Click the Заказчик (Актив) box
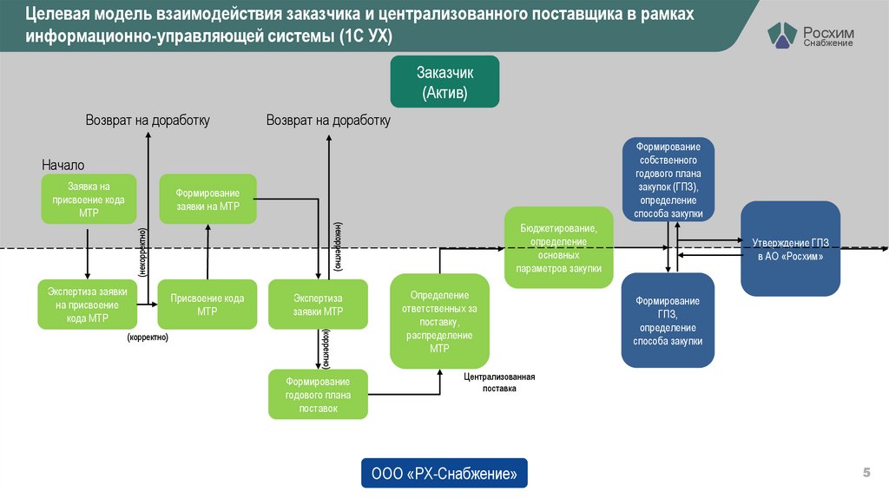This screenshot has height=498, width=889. [444, 81]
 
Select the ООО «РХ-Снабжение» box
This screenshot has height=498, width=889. [444, 474]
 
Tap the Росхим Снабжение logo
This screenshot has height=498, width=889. [811, 36]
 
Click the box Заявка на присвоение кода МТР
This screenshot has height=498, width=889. [89, 199]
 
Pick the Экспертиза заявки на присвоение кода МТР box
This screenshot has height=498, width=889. [87, 304]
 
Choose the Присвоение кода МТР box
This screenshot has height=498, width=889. [207, 304]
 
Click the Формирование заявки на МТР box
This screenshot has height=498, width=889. [207, 199]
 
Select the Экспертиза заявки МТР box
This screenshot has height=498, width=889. [318, 304]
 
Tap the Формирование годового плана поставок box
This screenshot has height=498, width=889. [318, 394]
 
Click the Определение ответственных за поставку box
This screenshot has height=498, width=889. [438, 321]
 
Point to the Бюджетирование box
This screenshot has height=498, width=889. [559, 246]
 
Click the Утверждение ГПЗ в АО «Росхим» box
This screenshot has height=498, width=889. [790, 248]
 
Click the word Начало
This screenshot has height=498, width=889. [63, 165]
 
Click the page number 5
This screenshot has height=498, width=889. [866, 472]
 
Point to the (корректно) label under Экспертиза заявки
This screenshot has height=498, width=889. [148, 337]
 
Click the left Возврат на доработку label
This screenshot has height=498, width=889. [148, 121]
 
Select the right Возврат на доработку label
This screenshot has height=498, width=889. [328, 121]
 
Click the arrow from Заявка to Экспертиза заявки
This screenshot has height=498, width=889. [88, 252]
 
